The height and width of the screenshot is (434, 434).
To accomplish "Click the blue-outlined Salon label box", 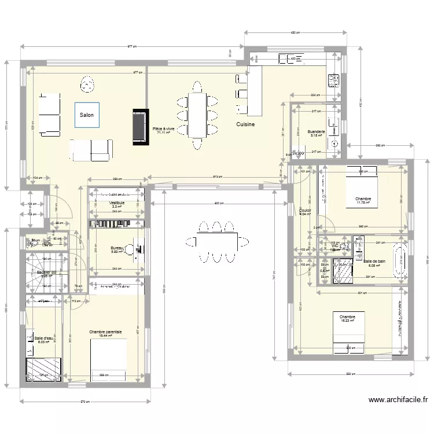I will (x=87, y=115).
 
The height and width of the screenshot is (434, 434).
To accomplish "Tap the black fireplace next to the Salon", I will (x=139, y=126).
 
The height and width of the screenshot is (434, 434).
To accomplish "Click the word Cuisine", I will (x=245, y=124).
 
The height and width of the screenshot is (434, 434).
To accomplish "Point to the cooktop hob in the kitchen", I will (x=333, y=80).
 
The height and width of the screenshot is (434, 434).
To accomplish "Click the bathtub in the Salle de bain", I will (x=400, y=262).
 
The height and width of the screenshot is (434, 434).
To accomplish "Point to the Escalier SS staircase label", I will (x=46, y=274).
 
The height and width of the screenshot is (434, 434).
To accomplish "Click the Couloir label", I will (x=305, y=212).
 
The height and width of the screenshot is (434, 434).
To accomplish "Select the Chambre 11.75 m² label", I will (x=363, y=200).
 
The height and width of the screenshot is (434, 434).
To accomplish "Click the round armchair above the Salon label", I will (x=87, y=85).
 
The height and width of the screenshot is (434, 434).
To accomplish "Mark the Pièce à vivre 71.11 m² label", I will (x=163, y=130).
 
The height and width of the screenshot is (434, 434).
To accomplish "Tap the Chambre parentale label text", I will (x=105, y=333).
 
